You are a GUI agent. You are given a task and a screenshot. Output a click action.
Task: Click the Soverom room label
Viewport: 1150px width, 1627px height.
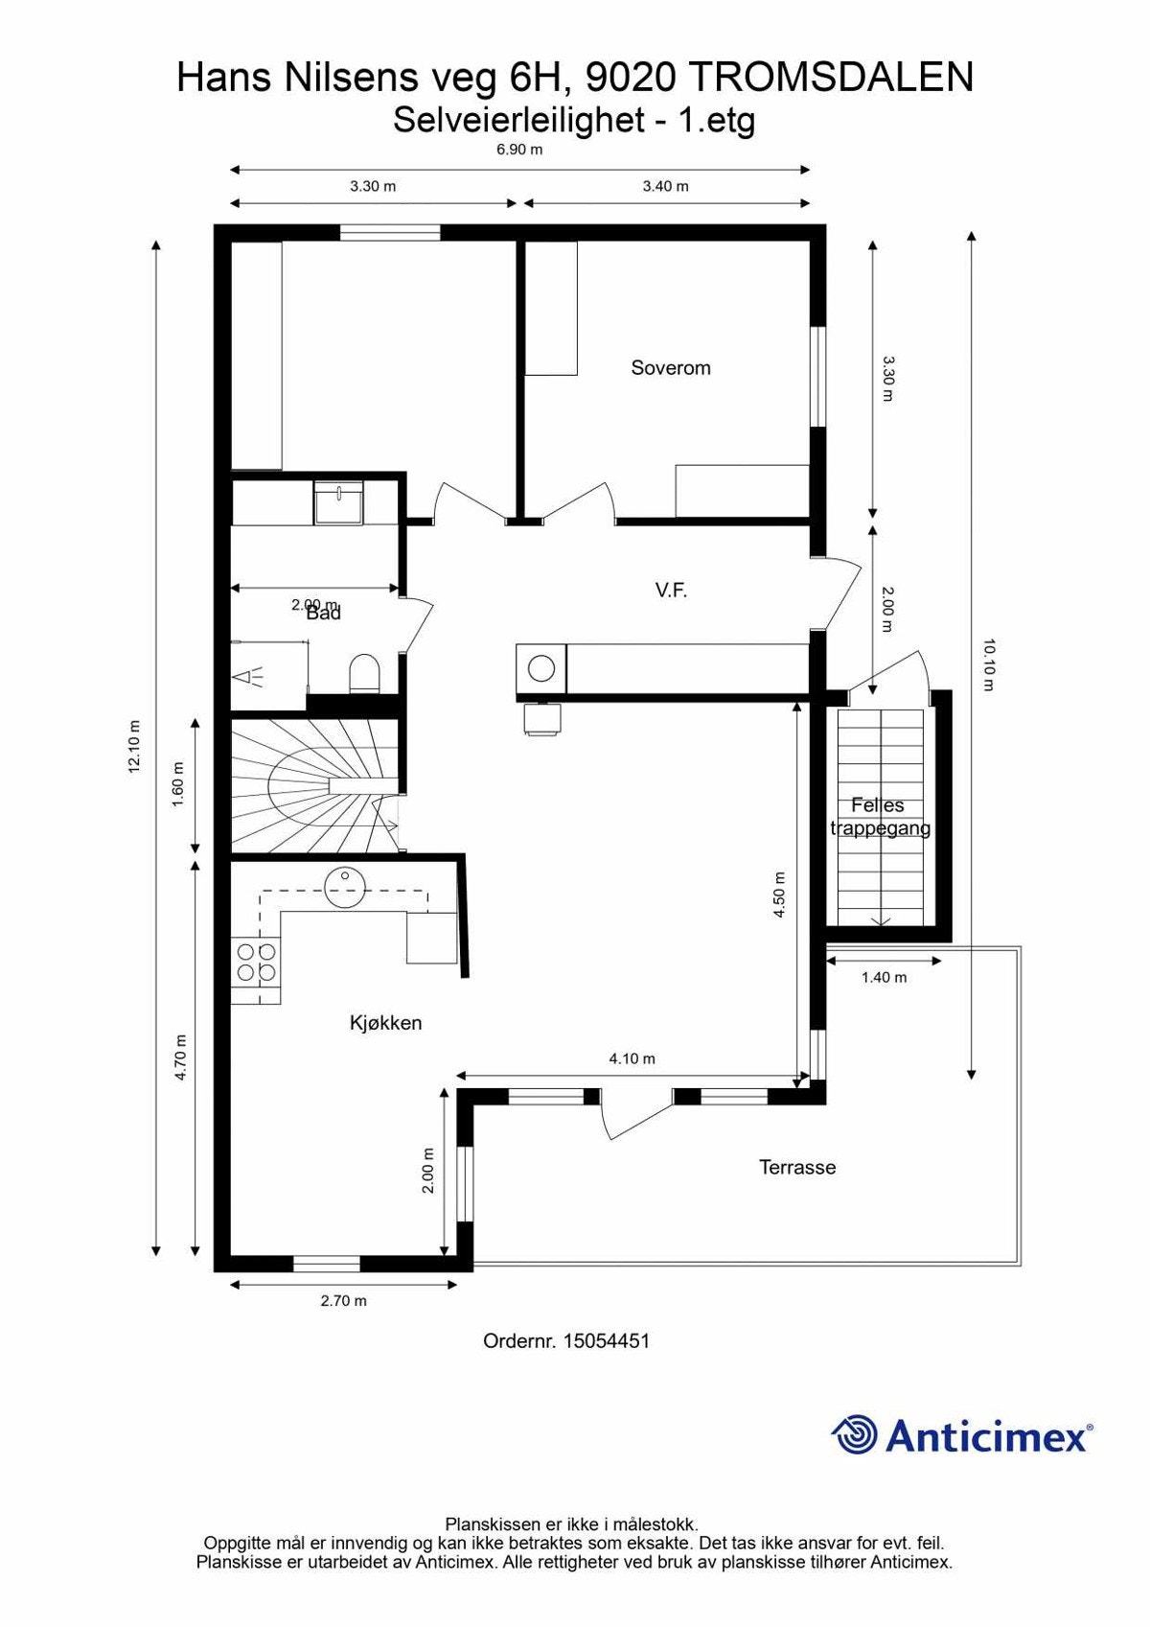tap(670, 368)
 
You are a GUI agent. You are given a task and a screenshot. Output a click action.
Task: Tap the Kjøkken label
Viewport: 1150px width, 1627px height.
tap(385, 1023)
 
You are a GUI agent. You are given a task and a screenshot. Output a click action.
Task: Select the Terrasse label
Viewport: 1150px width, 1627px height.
tap(797, 1168)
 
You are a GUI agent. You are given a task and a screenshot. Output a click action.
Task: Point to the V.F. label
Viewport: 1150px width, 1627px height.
tap(671, 591)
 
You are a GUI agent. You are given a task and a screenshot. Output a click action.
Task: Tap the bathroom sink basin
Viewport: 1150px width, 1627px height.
tap(339, 503)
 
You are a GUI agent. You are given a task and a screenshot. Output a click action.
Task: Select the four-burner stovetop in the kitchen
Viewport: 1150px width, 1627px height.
tap(256, 963)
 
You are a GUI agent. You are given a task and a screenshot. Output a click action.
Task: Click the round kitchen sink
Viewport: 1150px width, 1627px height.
tap(343, 880)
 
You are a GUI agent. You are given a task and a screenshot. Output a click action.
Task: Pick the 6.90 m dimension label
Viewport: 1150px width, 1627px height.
tap(518, 150)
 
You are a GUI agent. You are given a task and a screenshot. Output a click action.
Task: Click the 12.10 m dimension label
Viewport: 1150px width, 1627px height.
tap(134, 746)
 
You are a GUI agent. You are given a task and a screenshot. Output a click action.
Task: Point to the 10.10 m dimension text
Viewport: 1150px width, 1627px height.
tap(989, 664)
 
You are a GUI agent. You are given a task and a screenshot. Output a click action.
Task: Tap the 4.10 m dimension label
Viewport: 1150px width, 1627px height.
tap(632, 1059)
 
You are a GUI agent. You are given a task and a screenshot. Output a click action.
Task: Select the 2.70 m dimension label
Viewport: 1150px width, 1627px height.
tap(343, 1301)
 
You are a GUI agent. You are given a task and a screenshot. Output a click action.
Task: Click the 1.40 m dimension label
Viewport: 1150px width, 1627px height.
tap(884, 978)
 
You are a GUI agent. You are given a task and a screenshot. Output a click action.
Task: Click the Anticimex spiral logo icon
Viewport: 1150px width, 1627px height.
tap(854, 1435)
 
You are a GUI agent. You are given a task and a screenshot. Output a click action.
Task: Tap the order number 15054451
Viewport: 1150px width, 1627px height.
tap(606, 1341)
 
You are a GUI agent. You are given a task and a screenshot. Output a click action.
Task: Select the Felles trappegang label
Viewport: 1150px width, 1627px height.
tap(879, 817)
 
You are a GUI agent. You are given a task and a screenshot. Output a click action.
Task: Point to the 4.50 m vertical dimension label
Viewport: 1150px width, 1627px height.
tap(779, 895)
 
